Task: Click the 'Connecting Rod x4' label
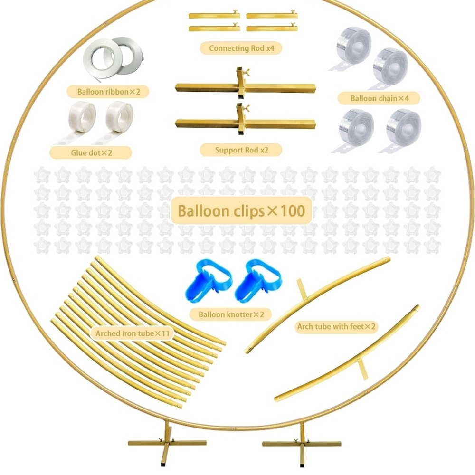(241, 48)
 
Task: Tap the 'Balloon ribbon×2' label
(109, 92)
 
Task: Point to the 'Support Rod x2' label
(241, 150)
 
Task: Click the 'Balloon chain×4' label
(380, 98)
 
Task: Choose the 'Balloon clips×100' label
(241, 211)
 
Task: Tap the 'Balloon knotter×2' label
(231, 314)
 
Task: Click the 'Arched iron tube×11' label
(133, 333)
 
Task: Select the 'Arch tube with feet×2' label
(336, 327)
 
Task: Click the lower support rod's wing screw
(246, 107)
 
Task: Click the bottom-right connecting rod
(272, 28)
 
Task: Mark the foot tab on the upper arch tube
(302, 289)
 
